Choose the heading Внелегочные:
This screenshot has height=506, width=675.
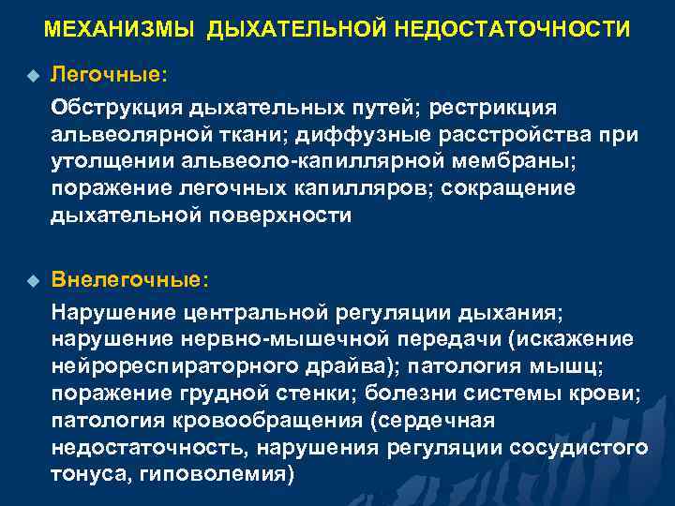click(131, 279)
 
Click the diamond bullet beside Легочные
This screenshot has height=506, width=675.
click(33, 73)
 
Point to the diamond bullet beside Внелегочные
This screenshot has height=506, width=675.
click(33, 280)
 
